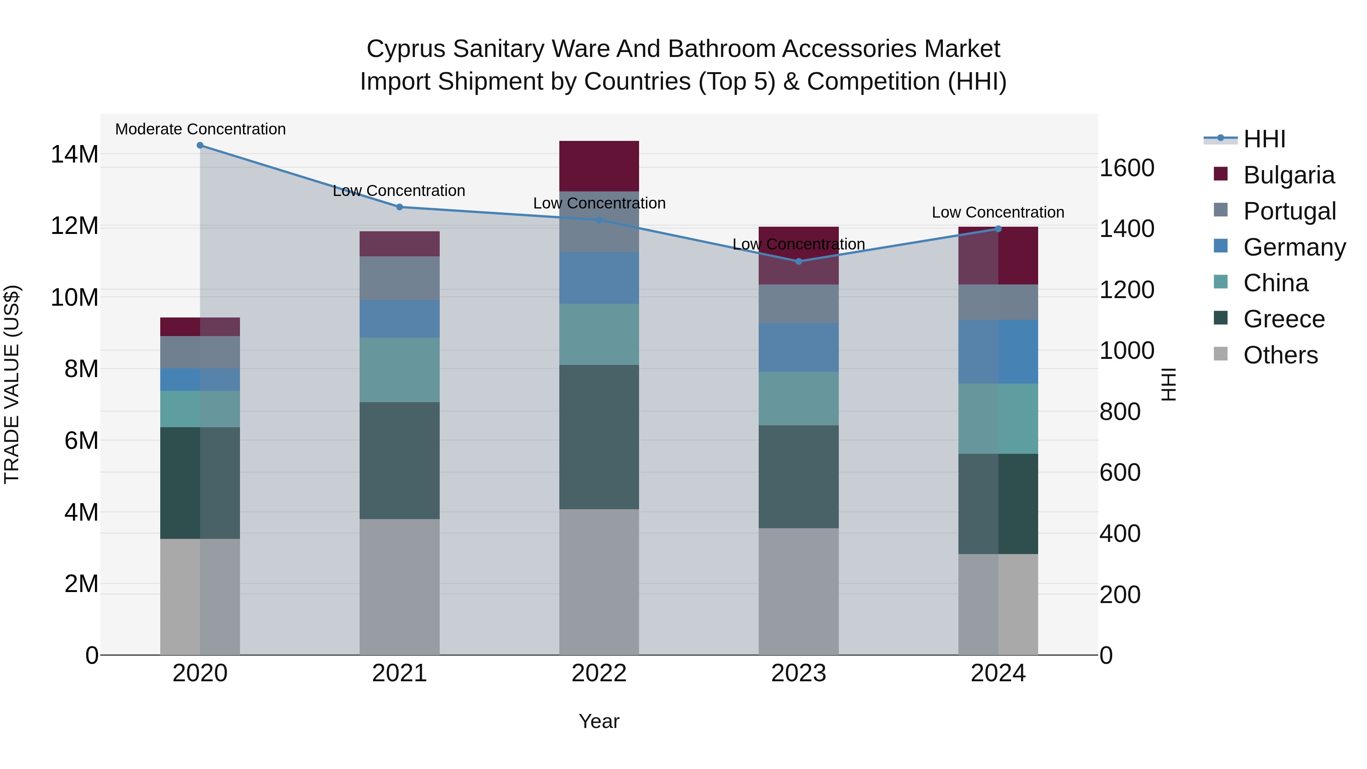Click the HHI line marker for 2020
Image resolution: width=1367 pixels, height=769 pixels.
click(200, 145)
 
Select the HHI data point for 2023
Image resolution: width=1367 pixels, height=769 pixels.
click(799, 261)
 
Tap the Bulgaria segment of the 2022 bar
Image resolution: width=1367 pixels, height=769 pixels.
click(599, 166)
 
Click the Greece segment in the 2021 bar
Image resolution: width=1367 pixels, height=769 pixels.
click(399, 460)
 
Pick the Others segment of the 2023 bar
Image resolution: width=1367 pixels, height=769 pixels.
click(799, 591)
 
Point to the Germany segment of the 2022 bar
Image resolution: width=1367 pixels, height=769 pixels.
click(599, 278)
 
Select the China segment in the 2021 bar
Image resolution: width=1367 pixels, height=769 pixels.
click(399, 369)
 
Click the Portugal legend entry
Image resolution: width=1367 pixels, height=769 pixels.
click(1289, 211)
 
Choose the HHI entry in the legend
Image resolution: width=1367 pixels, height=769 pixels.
click(1264, 139)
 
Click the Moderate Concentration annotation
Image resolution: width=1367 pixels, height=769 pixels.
click(200, 129)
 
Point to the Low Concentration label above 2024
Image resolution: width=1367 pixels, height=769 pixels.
click(998, 212)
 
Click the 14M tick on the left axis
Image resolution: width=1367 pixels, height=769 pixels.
click(74, 155)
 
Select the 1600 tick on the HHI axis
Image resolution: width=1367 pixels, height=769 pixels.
click(1127, 168)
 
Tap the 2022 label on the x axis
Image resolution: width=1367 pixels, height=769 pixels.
click(599, 673)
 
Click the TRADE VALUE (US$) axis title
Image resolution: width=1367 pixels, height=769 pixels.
click(12, 384)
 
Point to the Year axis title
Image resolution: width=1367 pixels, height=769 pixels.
click(599, 721)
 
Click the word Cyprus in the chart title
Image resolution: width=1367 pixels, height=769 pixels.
click(406, 49)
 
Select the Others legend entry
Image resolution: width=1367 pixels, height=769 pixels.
click(1280, 355)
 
